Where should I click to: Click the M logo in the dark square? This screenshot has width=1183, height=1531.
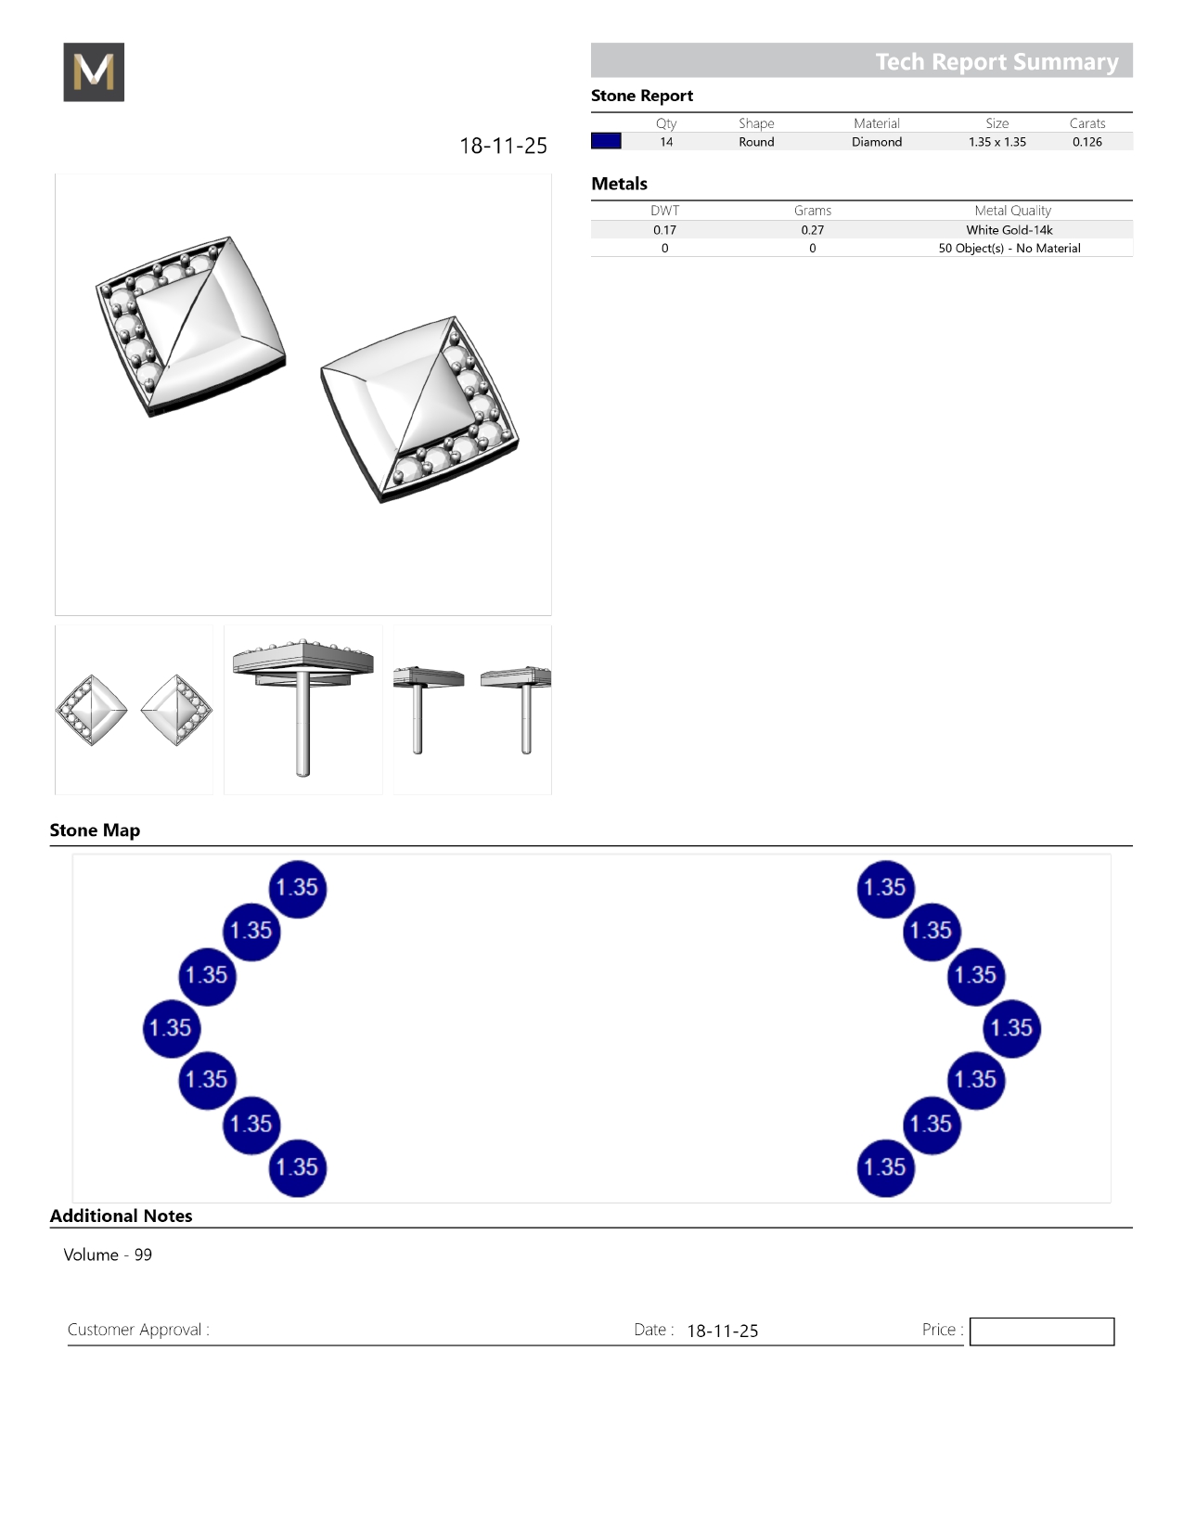(94, 71)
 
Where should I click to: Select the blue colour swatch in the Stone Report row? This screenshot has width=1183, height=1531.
(606, 141)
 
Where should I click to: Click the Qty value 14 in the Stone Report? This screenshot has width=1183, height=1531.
(666, 142)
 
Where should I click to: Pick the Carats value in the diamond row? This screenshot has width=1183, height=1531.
(1087, 142)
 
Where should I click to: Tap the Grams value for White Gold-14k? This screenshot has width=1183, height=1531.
(812, 230)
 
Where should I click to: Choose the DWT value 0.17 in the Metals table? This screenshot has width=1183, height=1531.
(664, 230)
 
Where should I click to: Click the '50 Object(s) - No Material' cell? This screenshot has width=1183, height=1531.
(1009, 248)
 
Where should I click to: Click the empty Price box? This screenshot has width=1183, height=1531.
(1041, 1331)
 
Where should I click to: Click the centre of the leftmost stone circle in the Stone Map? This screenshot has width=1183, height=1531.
(172, 1028)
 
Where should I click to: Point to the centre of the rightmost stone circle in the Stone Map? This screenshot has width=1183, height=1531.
(1011, 1028)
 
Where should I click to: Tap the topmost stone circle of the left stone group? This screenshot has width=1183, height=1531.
(297, 889)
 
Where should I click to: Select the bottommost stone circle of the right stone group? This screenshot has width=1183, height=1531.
(886, 1167)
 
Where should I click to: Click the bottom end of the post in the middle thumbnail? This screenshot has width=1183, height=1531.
(303, 775)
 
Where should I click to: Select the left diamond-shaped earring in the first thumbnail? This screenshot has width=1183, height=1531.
(92, 710)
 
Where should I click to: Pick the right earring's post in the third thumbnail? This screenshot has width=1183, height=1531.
(525, 719)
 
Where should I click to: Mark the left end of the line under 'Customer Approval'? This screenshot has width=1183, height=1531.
(68, 1345)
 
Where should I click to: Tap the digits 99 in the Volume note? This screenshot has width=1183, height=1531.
(143, 1254)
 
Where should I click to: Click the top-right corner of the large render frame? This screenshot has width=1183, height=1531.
(551, 174)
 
